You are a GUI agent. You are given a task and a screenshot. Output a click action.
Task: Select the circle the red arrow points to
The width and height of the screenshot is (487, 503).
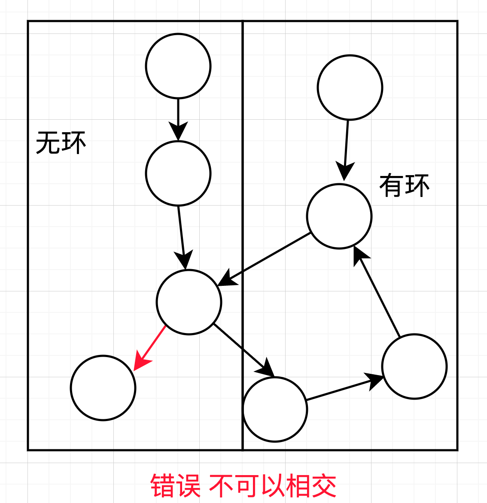103,388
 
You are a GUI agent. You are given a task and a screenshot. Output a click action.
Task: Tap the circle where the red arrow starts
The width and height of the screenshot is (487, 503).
189,302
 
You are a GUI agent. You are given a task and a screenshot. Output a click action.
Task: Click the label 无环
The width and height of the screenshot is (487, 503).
61,143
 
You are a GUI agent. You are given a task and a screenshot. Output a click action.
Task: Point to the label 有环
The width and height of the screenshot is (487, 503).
404,185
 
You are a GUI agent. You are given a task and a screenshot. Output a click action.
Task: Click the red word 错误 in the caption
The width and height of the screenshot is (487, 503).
175,486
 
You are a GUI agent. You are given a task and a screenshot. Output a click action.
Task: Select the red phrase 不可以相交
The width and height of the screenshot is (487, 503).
273,486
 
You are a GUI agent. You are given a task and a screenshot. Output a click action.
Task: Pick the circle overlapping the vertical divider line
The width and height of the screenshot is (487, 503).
275,409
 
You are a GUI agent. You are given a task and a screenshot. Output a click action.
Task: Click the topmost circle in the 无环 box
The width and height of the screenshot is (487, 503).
178,66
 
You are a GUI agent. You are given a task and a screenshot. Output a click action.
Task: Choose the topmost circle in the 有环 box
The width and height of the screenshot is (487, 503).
350,88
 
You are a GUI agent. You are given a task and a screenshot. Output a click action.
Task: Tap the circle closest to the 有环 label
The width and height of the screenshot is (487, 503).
339,216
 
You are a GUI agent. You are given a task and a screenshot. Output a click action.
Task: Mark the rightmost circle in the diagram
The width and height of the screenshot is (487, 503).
414,367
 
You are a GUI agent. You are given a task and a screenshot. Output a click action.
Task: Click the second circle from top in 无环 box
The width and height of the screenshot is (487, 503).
178,173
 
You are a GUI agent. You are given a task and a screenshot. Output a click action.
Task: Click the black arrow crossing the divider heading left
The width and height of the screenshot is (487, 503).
266,258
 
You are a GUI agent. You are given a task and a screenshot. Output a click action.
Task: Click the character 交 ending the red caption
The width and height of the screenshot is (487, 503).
325,486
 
